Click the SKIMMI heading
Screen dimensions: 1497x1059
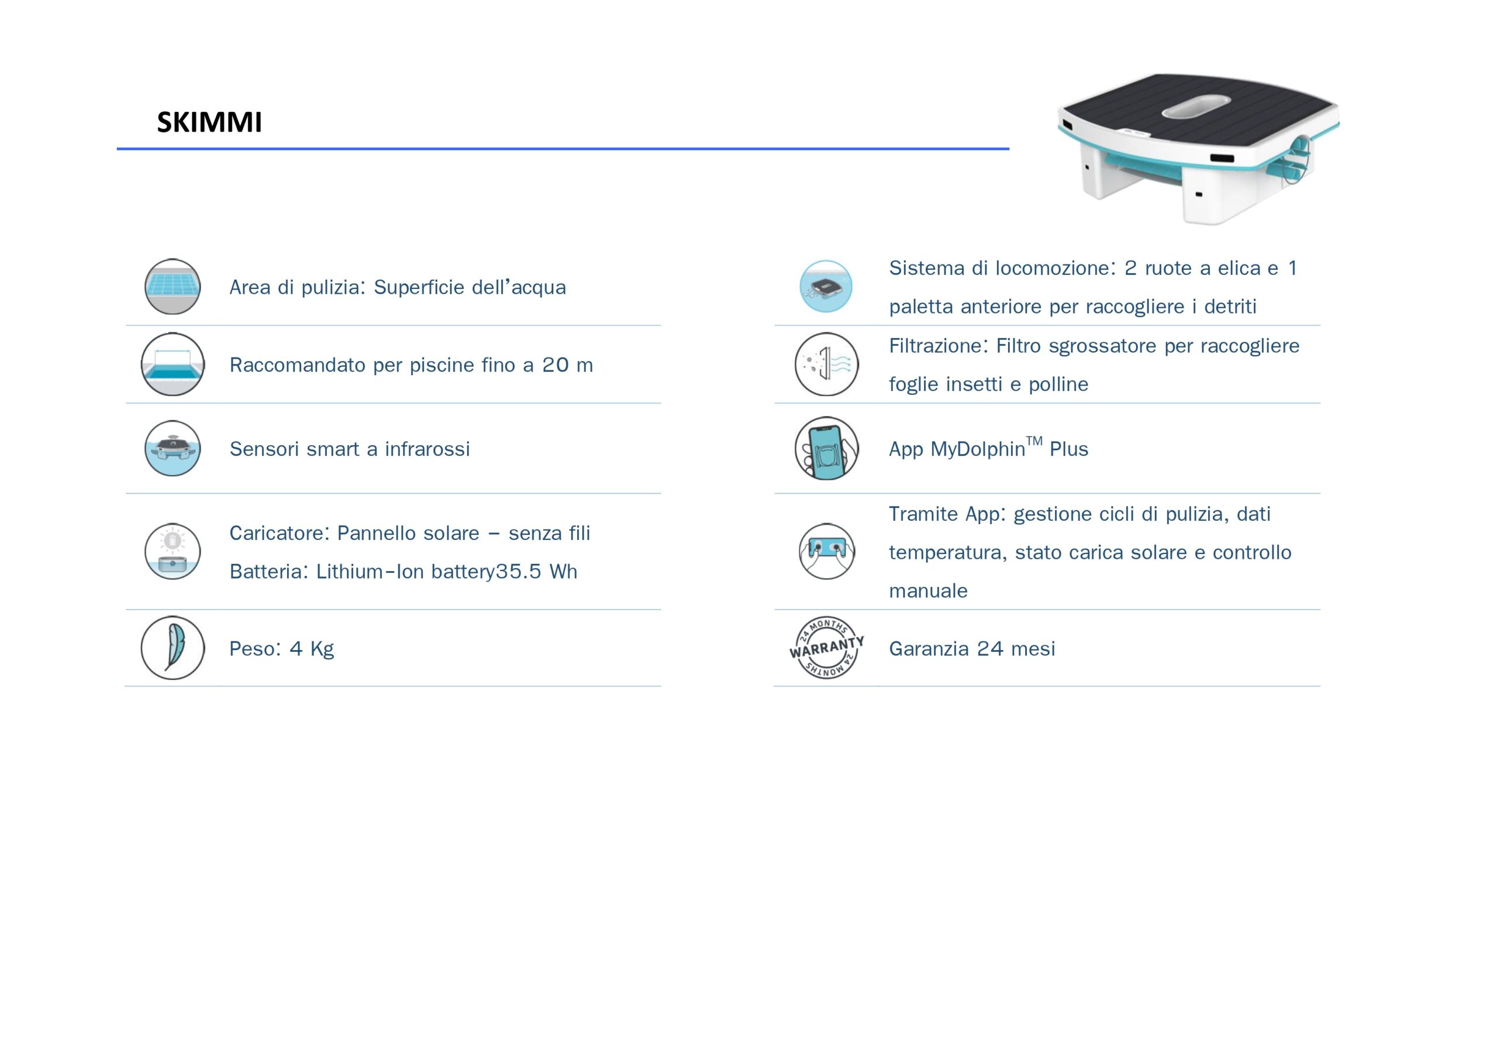tap(209, 122)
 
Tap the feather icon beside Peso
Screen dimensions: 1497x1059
tap(173, 648)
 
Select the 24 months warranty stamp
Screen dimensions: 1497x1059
tap(827, 647)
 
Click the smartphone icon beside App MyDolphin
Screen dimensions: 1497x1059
tap(827, 448)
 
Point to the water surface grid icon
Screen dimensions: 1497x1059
tap(172, 287)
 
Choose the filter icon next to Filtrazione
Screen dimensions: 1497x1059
tap(827, 364)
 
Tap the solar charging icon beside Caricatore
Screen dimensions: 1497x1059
tap(172, 551)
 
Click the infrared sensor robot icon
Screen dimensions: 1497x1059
tap(172, 448)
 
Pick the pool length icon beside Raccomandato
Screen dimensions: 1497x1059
tap(173, 364)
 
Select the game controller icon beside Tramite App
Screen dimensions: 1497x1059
tap(827, 551)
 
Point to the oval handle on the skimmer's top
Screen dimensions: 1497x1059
tap(1196, 108)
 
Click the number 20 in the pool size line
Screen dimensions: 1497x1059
tap(556, 365)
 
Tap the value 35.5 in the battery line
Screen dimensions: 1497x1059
tap(518, 572)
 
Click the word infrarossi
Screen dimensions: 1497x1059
tap(427, 449)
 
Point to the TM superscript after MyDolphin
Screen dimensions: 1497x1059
tap(1034, 441)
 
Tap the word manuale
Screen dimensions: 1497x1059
tap(929, 591)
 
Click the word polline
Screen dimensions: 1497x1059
tap(1059, 384)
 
